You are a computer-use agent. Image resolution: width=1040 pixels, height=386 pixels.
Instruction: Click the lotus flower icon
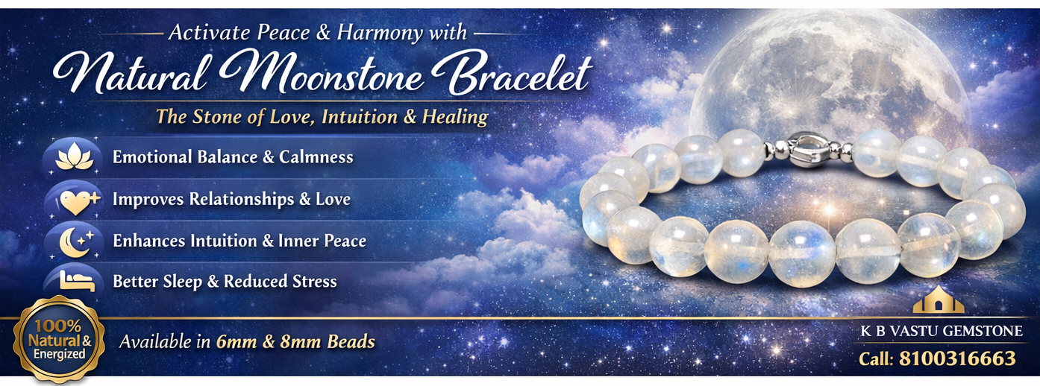point(74,156)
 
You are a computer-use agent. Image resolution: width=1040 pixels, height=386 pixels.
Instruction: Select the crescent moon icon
point(77,242)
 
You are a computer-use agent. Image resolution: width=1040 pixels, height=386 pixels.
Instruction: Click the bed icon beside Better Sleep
point(77,281)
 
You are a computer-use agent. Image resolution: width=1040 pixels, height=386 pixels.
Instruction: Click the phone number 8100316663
point(957,358)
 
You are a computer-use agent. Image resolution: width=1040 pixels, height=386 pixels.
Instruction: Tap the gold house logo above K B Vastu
point(939,300)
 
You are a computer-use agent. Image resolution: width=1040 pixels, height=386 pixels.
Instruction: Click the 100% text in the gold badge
point(57,326)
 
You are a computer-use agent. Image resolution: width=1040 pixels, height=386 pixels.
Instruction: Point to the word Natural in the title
point(131,75)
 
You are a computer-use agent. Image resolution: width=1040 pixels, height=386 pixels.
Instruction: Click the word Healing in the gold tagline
point(455,117)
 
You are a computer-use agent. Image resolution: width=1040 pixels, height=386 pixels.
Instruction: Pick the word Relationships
point(242,199)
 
